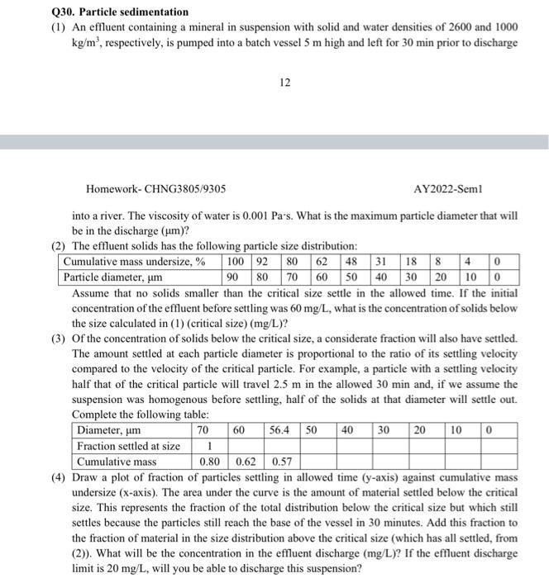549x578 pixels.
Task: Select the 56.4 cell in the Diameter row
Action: [x=279, y=430]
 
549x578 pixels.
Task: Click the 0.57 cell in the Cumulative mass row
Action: [x=283, y=462]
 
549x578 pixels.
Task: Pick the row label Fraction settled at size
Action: [x=128, y=446]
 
